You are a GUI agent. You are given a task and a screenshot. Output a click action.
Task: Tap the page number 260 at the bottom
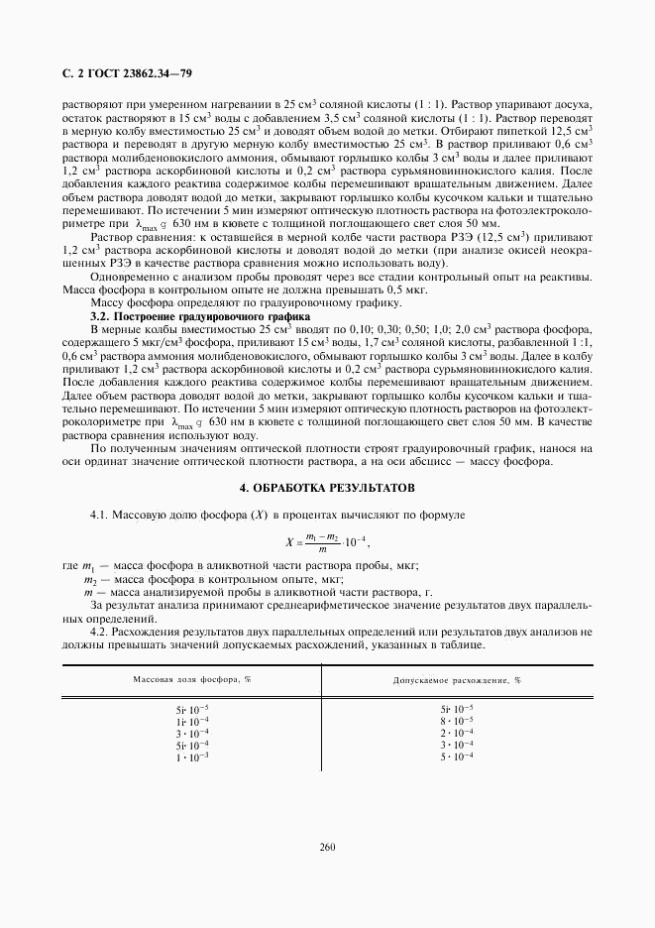(327, 846)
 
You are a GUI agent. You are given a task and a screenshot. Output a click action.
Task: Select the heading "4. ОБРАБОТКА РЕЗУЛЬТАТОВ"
(327, 489)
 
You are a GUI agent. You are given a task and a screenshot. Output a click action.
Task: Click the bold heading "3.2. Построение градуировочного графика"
(181, 314)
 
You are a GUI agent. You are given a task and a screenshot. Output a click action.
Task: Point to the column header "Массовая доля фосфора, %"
(192, 680)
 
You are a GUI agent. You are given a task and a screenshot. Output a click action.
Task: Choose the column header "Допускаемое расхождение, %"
(457, 681)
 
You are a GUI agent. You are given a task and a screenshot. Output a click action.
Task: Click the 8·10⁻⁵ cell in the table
(457, 721)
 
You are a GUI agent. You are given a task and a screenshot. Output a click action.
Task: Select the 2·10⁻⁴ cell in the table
(457, 733)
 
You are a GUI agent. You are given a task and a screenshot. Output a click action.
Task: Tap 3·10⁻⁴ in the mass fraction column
(192, 733)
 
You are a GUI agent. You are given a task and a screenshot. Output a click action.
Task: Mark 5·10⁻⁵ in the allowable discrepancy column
(457, 709)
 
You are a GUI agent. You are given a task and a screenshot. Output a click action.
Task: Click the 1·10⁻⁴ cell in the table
(192, 721)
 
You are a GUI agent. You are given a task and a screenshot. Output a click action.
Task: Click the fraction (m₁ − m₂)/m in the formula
(321, 540)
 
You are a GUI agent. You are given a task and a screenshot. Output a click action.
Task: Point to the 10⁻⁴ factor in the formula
(354, 540)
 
